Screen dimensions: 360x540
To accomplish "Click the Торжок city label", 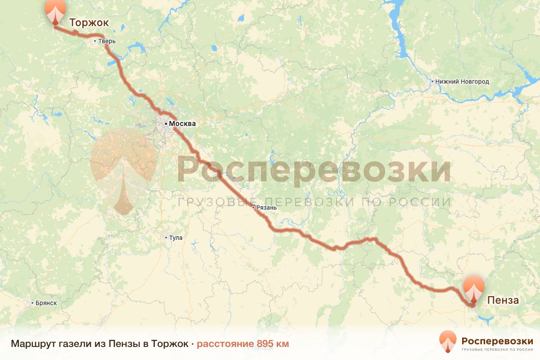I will [x=89, y=23].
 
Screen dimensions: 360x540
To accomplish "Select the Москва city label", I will [x=183, y=123].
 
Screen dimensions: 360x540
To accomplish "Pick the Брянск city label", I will [x=46, y=303].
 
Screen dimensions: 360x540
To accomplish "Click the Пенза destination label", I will [x=503, y=300].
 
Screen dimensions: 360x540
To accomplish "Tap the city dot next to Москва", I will [x=166, y=123].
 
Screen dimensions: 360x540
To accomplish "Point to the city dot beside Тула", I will [x=166, y=238].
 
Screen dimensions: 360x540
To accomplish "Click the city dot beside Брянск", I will [x=32, y=303].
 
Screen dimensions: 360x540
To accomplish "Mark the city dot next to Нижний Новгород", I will [x=432, y=82].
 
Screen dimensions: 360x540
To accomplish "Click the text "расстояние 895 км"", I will [x=243, y=344].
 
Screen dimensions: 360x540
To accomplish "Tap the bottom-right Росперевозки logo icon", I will [x=448, y=342].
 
